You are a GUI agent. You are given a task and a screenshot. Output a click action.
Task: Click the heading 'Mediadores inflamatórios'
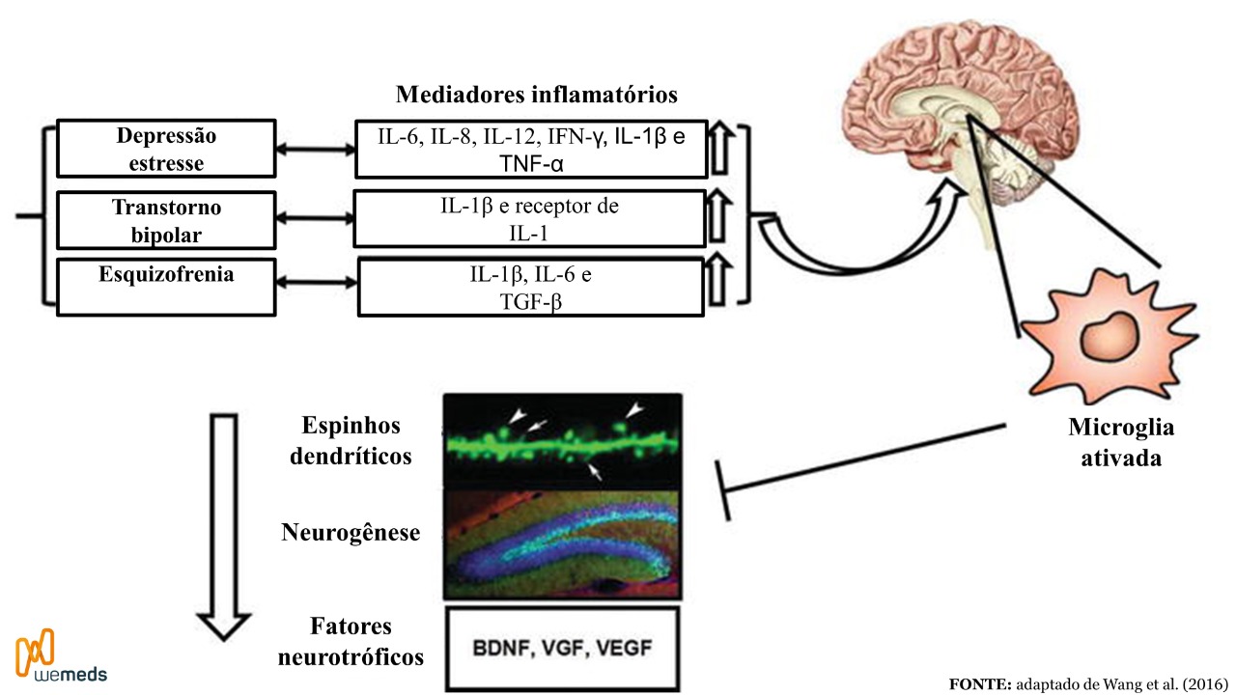[536, 95]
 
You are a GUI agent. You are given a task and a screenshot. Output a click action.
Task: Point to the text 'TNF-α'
[531, 163]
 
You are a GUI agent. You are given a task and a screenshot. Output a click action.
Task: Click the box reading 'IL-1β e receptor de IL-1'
[530, 220]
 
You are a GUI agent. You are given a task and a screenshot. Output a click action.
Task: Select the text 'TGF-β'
[530, 300]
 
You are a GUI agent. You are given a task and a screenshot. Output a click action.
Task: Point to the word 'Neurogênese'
[351, 532]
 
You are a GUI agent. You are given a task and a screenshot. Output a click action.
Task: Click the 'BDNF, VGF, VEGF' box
[563, 647]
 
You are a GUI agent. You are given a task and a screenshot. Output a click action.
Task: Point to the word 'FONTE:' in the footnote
[979, 682]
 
